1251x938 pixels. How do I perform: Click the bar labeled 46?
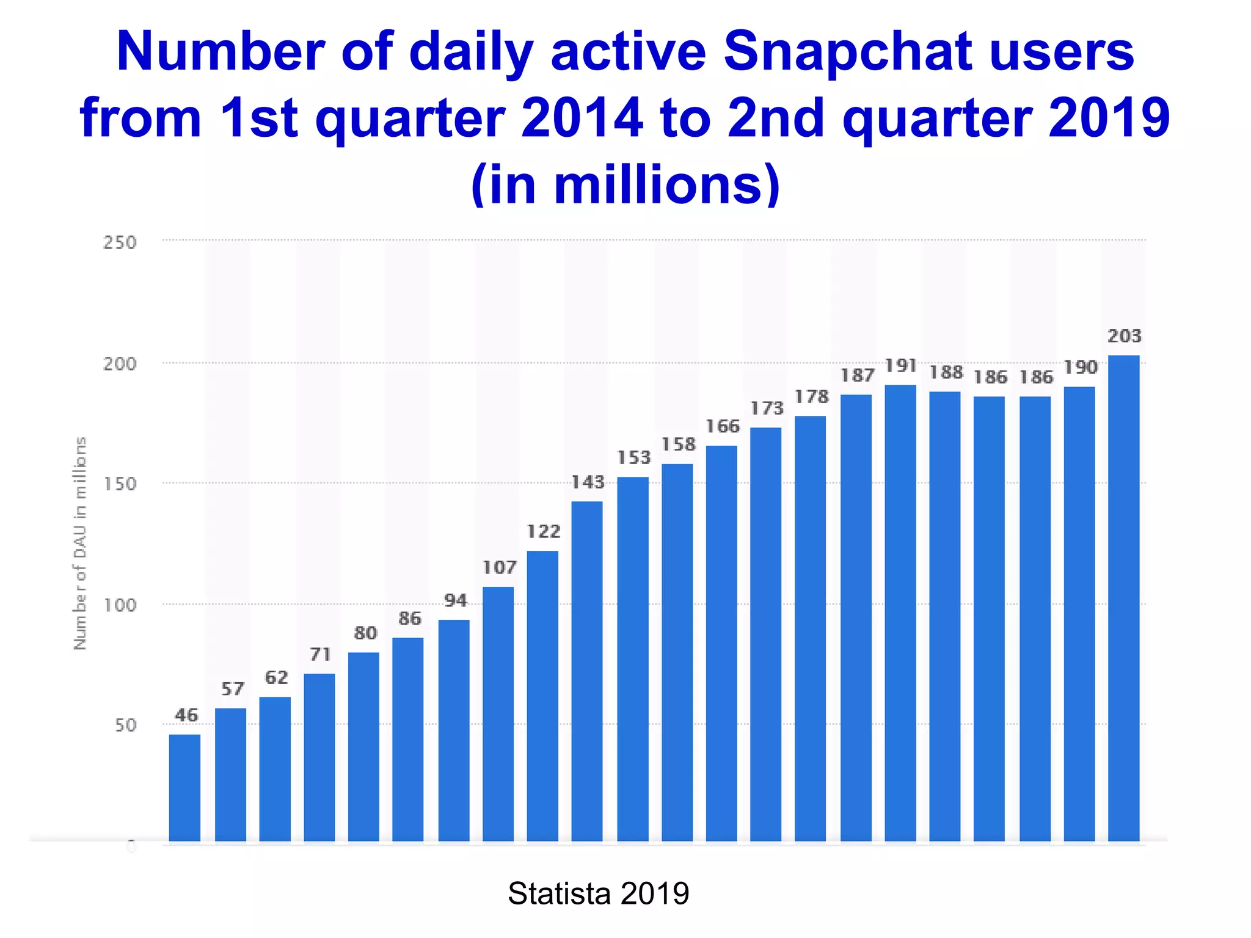coord(184,788)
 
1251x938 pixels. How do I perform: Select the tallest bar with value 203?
coord(1123,598)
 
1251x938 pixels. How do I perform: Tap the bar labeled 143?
coord(587,672)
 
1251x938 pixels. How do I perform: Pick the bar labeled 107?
coord(498,714)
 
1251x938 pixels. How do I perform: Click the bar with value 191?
coord(900,614)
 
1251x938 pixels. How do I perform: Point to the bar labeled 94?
coord(454,731)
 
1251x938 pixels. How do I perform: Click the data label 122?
coord(543,532)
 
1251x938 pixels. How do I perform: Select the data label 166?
coord(722,426)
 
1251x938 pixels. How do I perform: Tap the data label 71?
coord(320,655)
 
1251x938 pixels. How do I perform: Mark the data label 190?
coord(1080,368)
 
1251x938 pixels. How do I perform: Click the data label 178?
coord(811,397)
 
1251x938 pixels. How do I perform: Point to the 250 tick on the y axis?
coord(120,242)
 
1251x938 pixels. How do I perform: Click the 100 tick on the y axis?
coord(120,605)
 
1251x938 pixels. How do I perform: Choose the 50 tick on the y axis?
coord(125,725)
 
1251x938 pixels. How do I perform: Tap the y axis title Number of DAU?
coord(80,544)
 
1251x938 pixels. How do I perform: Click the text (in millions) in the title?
coord(625,184)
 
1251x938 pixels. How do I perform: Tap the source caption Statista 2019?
coord(598,893)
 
